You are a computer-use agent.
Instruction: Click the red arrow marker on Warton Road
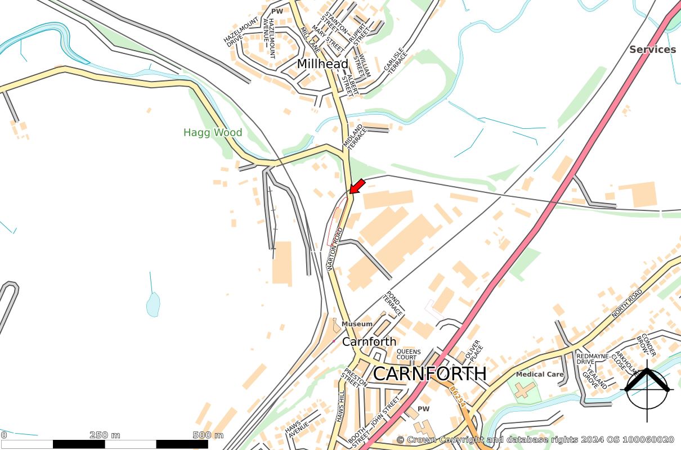tap(357, 186)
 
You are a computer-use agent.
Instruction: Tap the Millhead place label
tap(322, 64)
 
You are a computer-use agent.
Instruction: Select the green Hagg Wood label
tap(213, 133)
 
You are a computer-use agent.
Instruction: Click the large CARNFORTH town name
tap(429, 373)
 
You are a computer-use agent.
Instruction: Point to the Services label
tap(652, 49)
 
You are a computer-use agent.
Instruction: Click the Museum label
tap(357, 324)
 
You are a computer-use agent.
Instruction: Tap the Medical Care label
tap(539, 374)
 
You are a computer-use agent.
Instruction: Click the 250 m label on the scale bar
tap(105, 435)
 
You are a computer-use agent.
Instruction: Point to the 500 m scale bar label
tap(208, 435)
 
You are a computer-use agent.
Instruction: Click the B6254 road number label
tap(458, 396)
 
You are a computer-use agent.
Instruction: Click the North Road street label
tap(626, 304)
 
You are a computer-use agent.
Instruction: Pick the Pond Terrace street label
tap(394, 304)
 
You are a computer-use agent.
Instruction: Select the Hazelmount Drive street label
tap(234, 37)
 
